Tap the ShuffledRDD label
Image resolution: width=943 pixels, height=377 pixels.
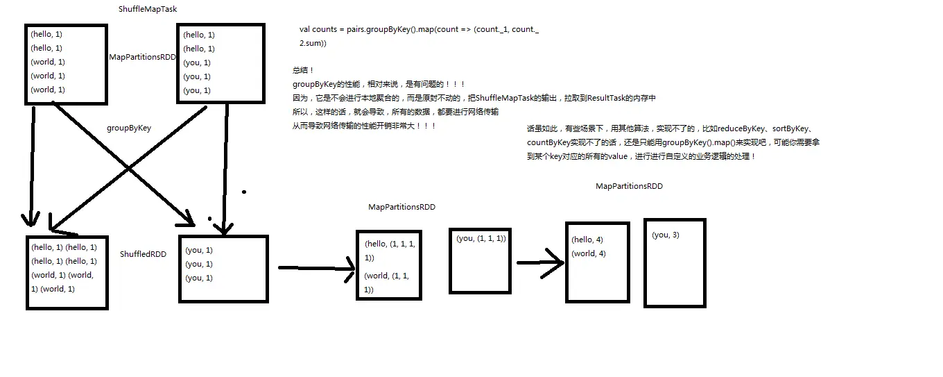click(x=143, y=255)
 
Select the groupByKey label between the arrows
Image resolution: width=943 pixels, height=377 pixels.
click(x=129, y=128)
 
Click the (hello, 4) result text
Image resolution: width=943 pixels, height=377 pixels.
click(x=587, y=240)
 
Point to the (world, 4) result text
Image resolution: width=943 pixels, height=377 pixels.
click(x=589, y=253)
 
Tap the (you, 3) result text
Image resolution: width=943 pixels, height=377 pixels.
click(x=666, y=235)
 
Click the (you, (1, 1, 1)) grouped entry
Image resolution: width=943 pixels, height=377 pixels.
click(x=481, y=239)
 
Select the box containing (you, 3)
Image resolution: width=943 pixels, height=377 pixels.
click(x=675, y=263)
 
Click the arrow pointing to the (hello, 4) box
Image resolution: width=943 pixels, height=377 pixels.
click(x=540, y=263)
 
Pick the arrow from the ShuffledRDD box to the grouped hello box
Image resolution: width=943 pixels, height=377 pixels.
click(x=316, y=268)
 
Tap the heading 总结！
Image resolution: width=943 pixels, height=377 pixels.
click(x=303, y=70)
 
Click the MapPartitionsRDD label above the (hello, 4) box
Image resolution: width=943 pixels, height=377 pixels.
click(x=629, y=186)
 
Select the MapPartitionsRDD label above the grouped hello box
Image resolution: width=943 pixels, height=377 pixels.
click(x=401, y=207)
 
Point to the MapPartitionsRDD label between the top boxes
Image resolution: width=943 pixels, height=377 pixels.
click(x=143, y=57)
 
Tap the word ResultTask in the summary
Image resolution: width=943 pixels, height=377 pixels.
click(x=607, y=98)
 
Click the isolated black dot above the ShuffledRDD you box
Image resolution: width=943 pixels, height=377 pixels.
click(x=243, y=191)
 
